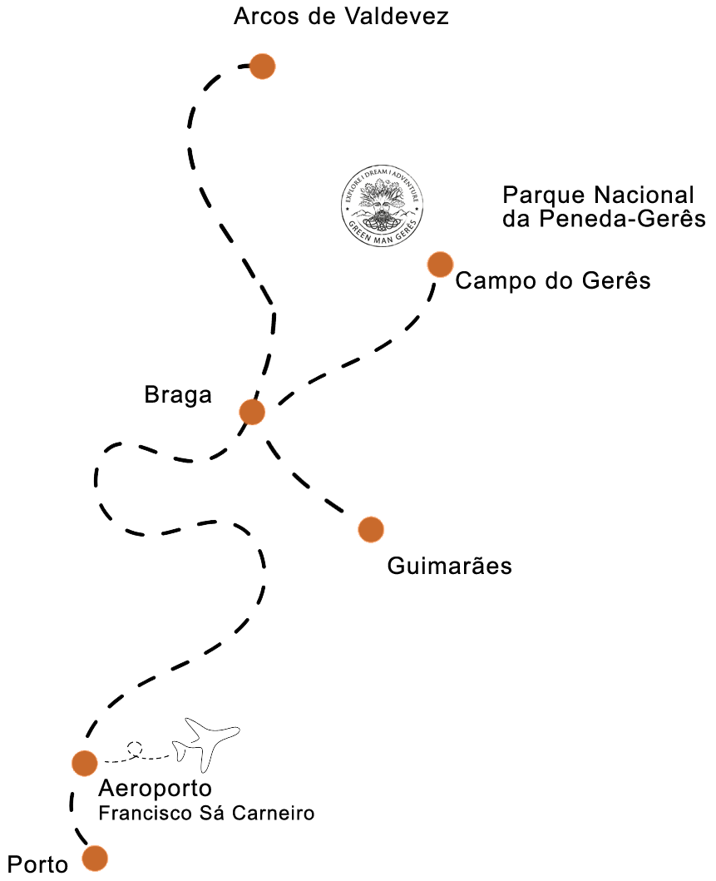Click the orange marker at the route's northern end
click(x=262, y=67)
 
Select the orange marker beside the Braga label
click(x=251, y=412)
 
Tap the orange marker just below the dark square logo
click(x=440, y=265)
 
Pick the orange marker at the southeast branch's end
click(x=371, y=529)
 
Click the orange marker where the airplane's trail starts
click(x=85, y=763)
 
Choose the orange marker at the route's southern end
click(x=95, y=858)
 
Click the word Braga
click(x=178, y=394)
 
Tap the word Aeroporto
click(x=155, y=788)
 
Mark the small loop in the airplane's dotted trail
click(x=138, y=753)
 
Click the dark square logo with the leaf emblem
click(x=382, y=205)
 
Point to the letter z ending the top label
click(x=443, y=17)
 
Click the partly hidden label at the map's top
click(x=342, y=16)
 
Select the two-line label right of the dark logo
click(x=603, y=207)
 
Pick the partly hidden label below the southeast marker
click(x=449, y=567)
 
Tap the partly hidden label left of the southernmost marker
click(x=37, y=864)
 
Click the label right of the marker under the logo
click(x=552, y=281)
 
